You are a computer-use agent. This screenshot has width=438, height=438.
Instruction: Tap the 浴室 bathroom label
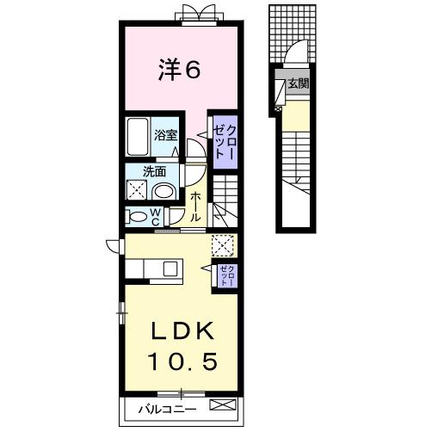[166, 134]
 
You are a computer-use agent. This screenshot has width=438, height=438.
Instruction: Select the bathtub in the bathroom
[138, 136]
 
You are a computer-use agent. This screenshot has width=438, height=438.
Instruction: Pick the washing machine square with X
[138, 190]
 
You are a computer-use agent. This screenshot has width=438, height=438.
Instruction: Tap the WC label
[156, 216]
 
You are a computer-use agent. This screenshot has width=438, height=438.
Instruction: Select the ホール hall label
[194, 207]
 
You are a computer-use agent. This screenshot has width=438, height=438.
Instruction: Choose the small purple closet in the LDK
[225, 275]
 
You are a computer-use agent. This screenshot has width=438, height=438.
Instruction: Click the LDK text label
[180, 332]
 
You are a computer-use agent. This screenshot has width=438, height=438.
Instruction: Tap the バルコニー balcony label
[168, 410]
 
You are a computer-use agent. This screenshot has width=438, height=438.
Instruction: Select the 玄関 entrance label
[297, 83]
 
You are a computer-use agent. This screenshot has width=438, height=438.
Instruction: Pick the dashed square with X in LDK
[222, 246]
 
